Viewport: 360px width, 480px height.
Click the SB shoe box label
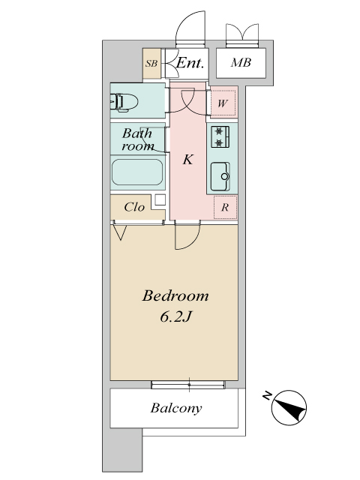[x=151, y=63]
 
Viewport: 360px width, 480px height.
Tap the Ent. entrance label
[x=190, y=63]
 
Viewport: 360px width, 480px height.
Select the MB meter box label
[x=241, y=63]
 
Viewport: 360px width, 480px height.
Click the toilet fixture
[x=124, y=102]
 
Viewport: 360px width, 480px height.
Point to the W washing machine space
[x=223, y=103]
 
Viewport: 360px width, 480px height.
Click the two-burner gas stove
[x=220, y=136]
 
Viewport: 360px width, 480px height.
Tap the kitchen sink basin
[x=220, y=176]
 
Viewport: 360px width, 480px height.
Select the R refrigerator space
[x=225, y=207]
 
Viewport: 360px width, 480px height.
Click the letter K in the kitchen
[x=188, y=160]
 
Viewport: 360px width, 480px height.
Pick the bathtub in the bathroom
[x=137, y=172]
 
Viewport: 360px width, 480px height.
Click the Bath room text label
[x=137, y=139]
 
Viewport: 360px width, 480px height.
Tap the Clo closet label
[x=134, y=207]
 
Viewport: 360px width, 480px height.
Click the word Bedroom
[x=175, y=295]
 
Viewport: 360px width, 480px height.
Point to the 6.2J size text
[x=175, y=316]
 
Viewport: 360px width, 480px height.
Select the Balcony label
[x=176, y=408]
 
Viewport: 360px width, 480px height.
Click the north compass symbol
[x=289, y=407]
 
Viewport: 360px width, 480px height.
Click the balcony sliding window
[x=188, y=385]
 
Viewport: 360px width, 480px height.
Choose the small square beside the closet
[x=160, y=199]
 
